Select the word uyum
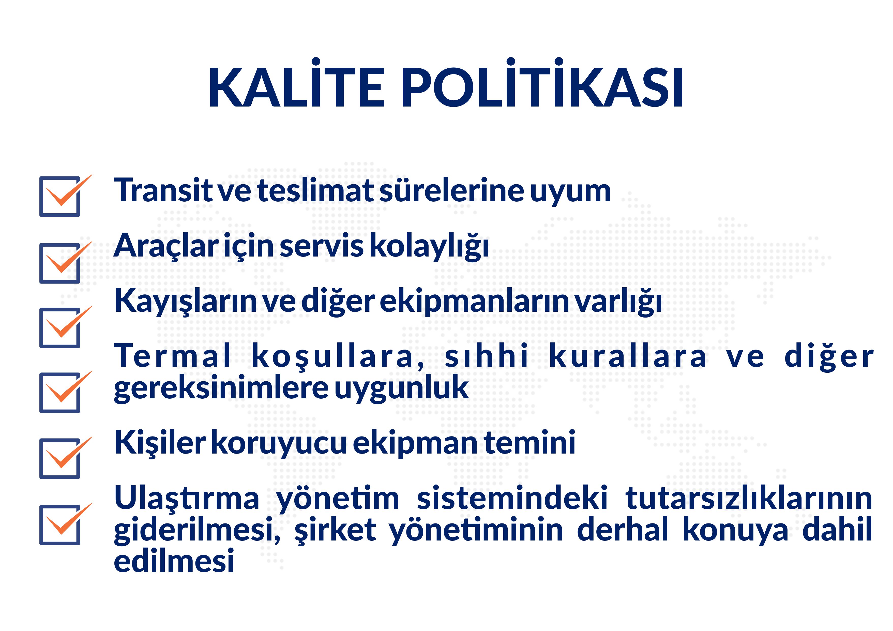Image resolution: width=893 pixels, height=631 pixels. coord(571,192)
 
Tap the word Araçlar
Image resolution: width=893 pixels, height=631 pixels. coord(166,246)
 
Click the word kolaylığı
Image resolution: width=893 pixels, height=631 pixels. coord(429,247)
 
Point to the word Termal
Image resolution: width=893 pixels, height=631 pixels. coord(173,356)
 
